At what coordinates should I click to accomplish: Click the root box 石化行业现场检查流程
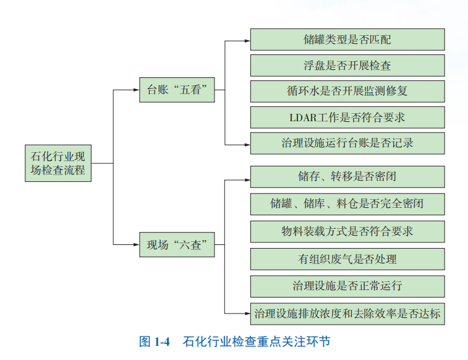[58, 163]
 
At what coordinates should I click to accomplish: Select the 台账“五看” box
[177, 90]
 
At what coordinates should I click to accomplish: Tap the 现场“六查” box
[177, 245]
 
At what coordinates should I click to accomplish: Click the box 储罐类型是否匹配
[347, 40]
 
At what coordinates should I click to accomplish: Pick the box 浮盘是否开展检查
[347, 66]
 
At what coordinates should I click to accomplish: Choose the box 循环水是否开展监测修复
[347, 91]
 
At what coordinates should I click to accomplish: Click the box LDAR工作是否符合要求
[347, 117]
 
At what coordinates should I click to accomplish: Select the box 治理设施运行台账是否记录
[347, 143]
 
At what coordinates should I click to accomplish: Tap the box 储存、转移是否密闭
[347, 176]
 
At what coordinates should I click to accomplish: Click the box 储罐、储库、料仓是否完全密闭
[347, 204]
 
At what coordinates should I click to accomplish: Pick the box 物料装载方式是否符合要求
[347, 231]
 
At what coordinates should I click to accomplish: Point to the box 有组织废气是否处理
[347, 259]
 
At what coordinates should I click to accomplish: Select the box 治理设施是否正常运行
[347, 286]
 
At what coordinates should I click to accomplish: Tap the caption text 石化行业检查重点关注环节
[257, 341]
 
